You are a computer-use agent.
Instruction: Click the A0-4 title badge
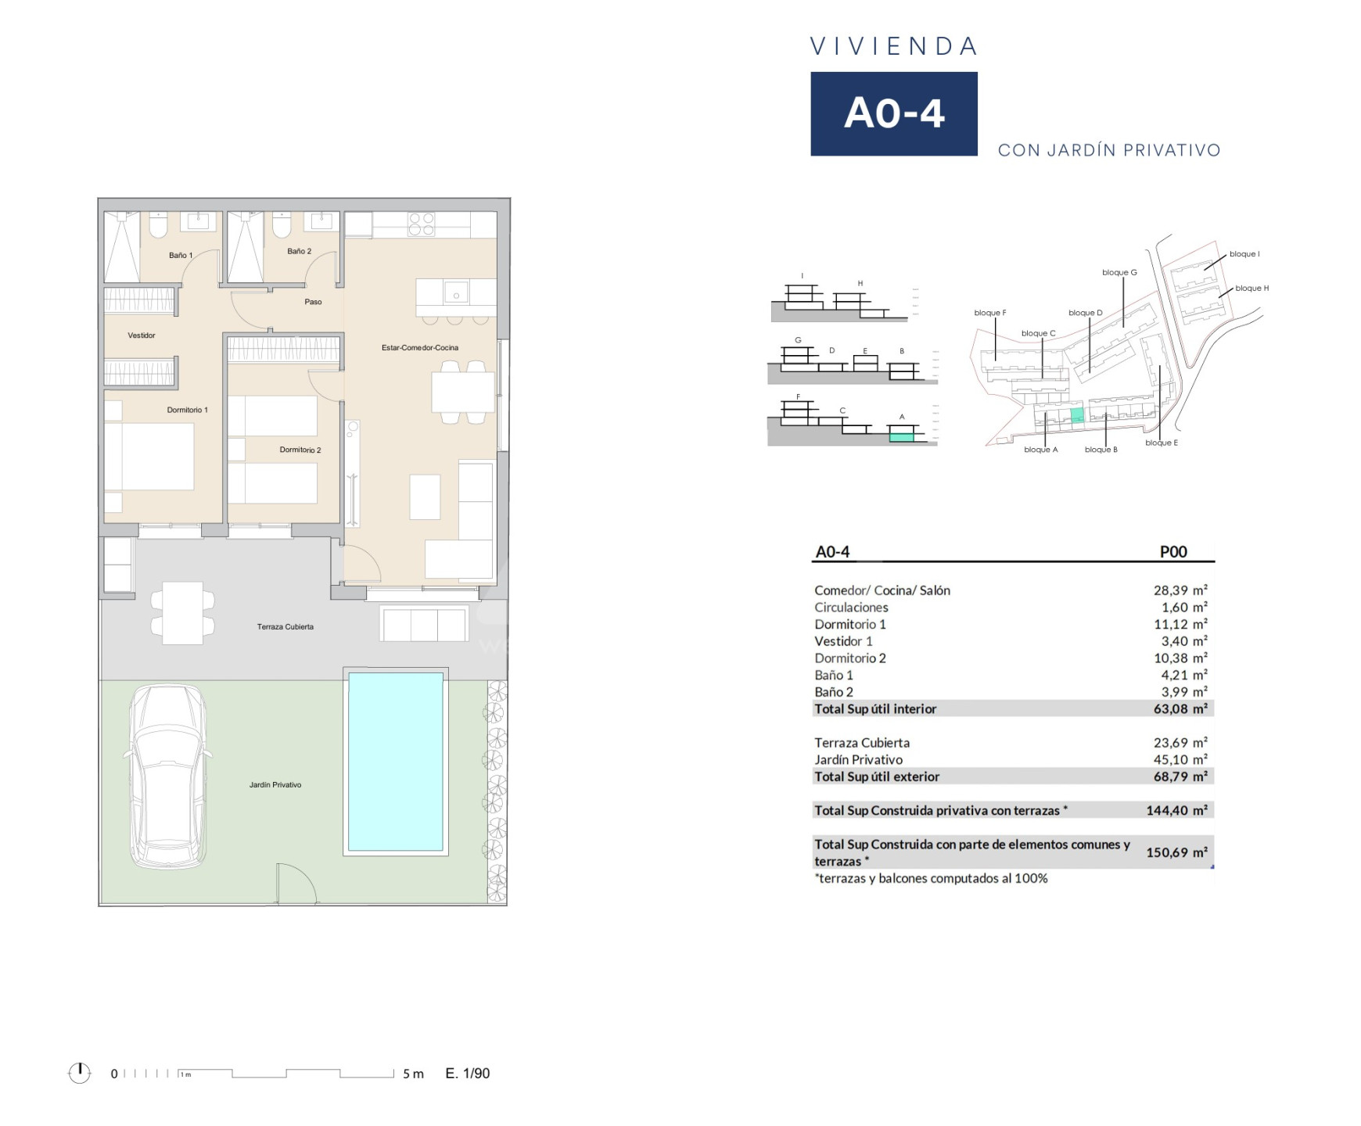(x=893, y=113)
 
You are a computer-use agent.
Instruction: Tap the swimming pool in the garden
(x=395, y=762)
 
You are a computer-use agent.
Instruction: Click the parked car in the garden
(x=167, y=776)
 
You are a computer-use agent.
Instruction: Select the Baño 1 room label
(x=181, y=255)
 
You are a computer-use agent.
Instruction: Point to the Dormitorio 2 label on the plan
(x=300, y=450)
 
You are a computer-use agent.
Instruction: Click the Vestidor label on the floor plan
(x=142, y=335)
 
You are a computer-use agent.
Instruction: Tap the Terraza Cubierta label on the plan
(x=285, y=626)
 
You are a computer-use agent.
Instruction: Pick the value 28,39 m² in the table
(x=1180, y=590)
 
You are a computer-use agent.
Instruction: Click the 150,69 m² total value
(x=1177, y=852)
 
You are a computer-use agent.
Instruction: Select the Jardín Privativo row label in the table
(x=858, y=759)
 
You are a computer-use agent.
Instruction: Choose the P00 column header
(x=1173, y=551)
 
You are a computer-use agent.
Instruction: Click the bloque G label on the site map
(x=1119, y=272)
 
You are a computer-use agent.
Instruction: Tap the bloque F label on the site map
(x=990, y=313)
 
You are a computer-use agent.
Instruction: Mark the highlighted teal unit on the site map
(x=1077, y=415)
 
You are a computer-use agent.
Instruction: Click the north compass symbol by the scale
(x=80, y=1073)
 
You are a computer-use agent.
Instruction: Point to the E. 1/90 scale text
(x=468, y=1074)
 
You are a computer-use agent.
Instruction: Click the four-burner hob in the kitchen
(x=422, y=224)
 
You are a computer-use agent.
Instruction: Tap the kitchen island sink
(x=456, y=292)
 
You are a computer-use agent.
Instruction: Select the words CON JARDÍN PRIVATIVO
(x=1109, y=150)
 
